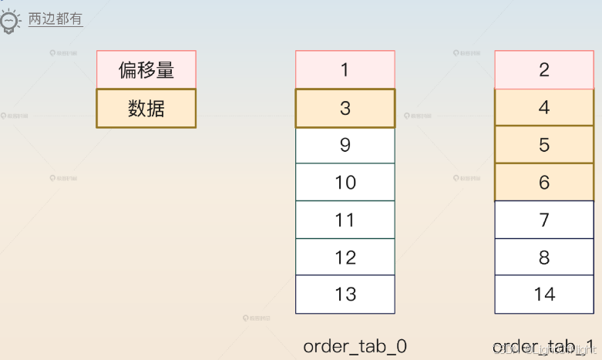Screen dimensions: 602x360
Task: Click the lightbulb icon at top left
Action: (x=9, y=21)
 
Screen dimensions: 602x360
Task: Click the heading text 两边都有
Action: (x=55, y=19)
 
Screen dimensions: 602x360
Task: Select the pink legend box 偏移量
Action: (x=146, y=69)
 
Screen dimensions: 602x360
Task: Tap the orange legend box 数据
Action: (x=146, y=108)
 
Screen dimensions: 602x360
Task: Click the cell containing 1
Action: (x=345, y=69)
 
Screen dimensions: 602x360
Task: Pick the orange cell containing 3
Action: (x=345, y=108)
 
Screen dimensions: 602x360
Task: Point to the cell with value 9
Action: (x=345, y=145)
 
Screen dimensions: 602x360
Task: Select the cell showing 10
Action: (x=345, y=182)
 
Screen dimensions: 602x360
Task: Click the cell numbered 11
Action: (x=345, y=220)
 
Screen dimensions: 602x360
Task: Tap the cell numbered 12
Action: (x=345, y=257)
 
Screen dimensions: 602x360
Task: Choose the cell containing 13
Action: (x=345, y=294)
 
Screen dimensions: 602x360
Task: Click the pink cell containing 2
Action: (x=544, y=69)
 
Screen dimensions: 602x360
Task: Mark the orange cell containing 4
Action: (x=544, y=107)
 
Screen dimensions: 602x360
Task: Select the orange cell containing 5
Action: (x=544, y=144)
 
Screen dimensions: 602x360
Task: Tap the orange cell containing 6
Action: (x=544, y=182)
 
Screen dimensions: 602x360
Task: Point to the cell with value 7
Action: (x=544, y=220)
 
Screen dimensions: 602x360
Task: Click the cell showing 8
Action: (x=544, y=257)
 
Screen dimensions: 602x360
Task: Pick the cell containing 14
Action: (x=544, y=294)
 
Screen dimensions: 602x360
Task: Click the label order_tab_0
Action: (x=355, y=345)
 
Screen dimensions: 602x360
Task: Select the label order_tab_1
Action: (x=543, y=345)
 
